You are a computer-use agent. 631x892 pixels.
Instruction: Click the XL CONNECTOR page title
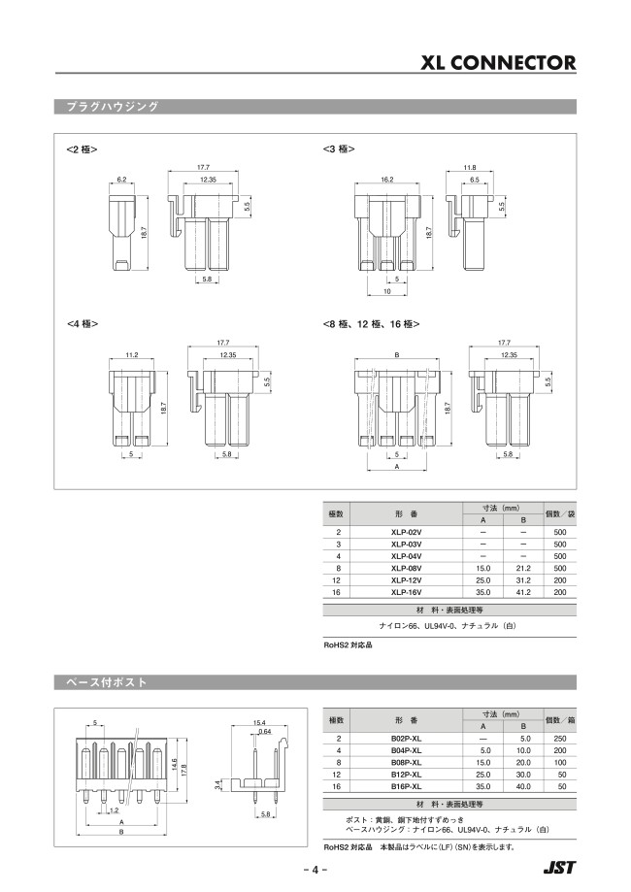[498, 63]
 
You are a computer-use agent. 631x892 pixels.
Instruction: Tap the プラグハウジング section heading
[107, 106]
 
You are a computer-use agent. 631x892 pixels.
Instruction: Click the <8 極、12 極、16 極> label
[377, 323]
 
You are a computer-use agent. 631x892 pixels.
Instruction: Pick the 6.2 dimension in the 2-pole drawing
[122, 180]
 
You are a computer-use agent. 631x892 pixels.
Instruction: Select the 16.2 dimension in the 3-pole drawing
[386, 180]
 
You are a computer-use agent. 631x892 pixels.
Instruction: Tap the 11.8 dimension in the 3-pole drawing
[469, 168]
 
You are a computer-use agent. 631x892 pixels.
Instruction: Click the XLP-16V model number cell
[406, 591]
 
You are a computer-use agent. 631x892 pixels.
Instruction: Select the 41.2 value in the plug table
[523, 591]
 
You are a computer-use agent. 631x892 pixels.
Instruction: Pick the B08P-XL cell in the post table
[406, 763]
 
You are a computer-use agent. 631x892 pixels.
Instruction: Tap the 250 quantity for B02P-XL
[558, 739]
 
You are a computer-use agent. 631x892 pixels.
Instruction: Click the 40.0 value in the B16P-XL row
[523, 786]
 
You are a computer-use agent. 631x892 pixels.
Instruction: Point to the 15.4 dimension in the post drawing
[259, 723]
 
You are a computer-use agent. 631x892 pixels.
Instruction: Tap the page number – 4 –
[315, 869]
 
